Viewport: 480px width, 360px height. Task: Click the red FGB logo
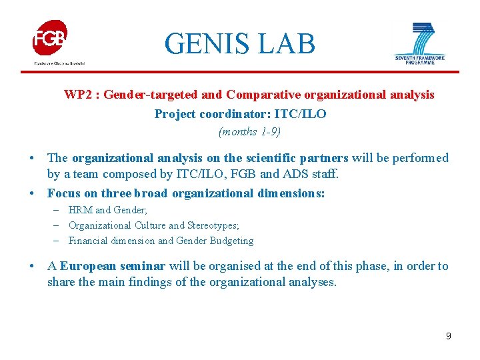point(51,39)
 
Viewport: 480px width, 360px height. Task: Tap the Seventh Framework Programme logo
point(419,43)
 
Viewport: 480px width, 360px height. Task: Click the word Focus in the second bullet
point(63,193)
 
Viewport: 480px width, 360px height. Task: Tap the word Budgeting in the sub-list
point(231,241)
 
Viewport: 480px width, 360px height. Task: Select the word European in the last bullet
point(84,266)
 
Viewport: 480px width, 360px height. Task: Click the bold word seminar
point(143,266)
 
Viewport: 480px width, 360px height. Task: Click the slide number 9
point(449,336)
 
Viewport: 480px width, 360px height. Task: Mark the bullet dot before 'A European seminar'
point(33,267)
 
